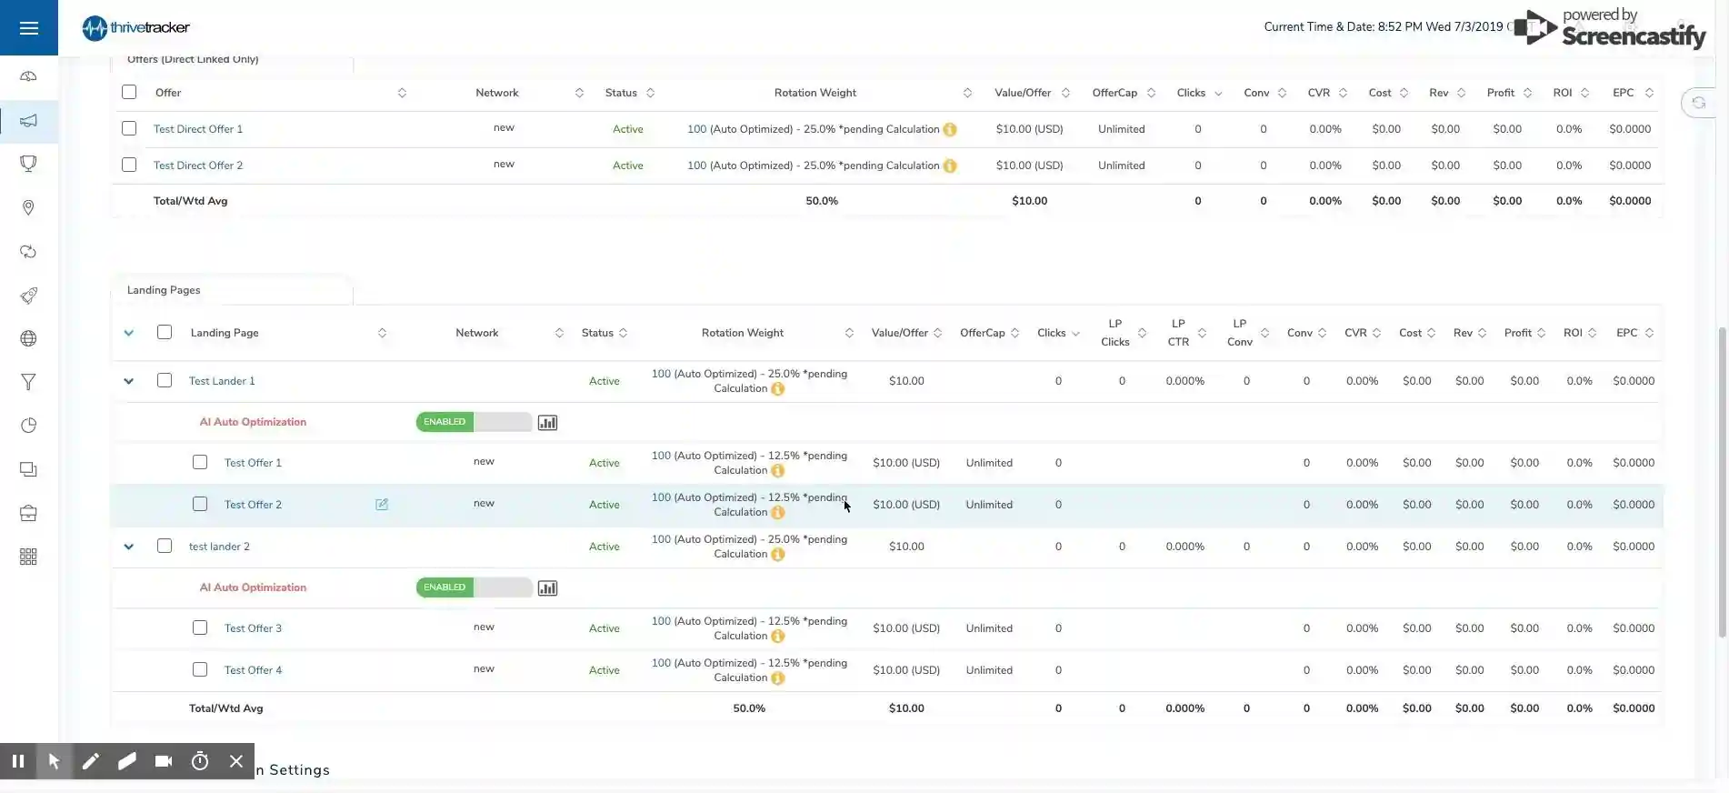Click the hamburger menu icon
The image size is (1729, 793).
click(x=29, y=28)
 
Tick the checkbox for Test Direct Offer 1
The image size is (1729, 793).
click(x=129, y=128)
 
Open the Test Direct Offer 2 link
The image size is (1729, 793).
click(x=198, y=166)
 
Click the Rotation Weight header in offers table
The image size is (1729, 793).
click(x=815, y=93)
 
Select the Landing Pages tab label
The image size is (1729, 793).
click(x=164, y=290)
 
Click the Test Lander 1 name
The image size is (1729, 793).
click(x=222, y=381)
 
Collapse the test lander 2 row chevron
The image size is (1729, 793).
click(x=129, y=547)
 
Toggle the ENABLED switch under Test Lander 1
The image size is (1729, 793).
click(x=474, y=422)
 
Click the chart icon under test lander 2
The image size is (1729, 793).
click(x=547, y=588)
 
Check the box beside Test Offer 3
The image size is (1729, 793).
click(x=200, y=627)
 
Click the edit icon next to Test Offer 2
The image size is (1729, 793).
click(x=382, y=505)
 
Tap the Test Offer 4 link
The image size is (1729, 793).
click(x=253, y=670)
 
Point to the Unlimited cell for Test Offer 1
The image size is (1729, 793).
click(x=989, y=463)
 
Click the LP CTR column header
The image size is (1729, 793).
click(x=1178, y=333)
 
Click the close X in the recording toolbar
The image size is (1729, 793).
click(x=236, y=761)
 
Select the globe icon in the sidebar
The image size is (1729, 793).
click(x=29, y=339)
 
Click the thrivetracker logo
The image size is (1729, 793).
click(x=136, y=28)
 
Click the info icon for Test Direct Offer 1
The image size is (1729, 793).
click(x=950, y=129)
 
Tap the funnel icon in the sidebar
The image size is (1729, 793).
click(x=29, y=382)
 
